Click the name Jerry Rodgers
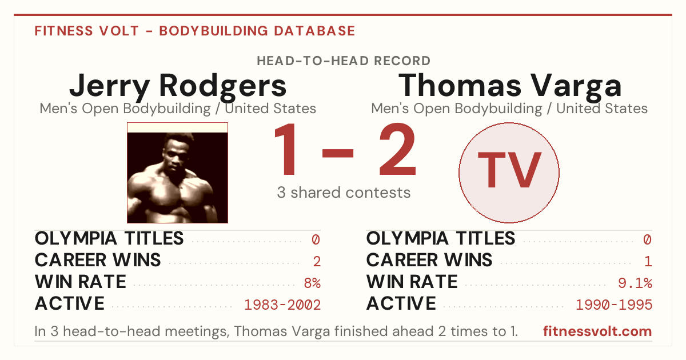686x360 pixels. coord(178,87)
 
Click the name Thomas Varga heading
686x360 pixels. coord(510,87)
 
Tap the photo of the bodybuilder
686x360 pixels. coord(177,173)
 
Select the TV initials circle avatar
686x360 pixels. coord(509,173)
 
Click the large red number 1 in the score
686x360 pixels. coord(285,149)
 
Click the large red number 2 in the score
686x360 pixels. coord(397,149)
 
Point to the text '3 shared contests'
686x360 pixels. coord(344,193)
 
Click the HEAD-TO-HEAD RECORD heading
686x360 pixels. coord(344,61)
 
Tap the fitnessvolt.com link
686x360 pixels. coord(597,331)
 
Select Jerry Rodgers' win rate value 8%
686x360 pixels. coord(312,283)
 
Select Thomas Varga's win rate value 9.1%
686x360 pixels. coord(635,283)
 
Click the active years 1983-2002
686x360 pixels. coord(282,305)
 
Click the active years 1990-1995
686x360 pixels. coord(614,305)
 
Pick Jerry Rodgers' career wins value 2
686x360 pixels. coord(317,262)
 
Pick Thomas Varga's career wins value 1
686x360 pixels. coord(648,262)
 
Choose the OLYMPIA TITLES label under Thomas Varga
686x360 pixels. coord(441,238)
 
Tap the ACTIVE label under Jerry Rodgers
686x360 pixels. coord(70,303)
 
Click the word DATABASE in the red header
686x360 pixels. coord(314,31)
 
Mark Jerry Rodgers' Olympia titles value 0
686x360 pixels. coord(316,239)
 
